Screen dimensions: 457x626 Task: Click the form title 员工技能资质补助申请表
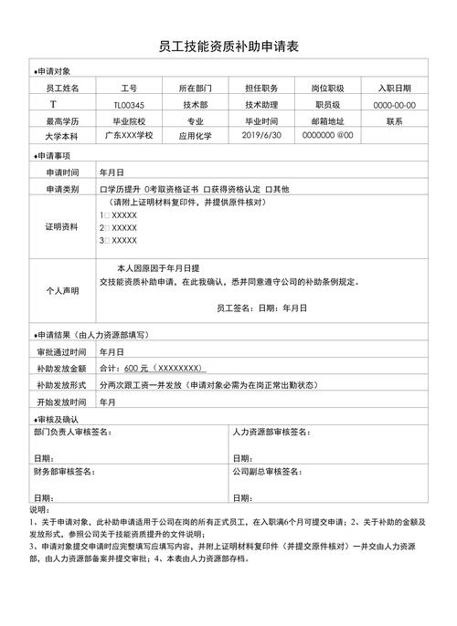228,46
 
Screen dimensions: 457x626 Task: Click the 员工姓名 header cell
62,89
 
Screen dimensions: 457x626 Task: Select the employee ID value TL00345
129,105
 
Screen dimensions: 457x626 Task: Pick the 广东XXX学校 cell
129,135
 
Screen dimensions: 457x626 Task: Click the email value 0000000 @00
327,135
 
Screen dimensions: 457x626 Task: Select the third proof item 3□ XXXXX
119,241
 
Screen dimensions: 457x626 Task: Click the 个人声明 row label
62,290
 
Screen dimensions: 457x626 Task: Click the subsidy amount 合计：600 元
151,368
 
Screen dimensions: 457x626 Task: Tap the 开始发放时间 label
62,402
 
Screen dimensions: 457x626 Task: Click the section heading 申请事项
51,156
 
